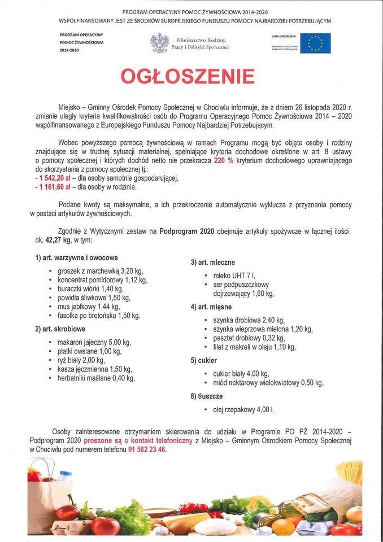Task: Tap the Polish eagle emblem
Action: pos(159,43)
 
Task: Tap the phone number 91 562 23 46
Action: pos(147,449)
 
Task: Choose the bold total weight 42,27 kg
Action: pos(60,240)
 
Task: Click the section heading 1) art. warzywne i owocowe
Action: pos(76,257)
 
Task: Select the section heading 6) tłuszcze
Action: pos(207,396)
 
